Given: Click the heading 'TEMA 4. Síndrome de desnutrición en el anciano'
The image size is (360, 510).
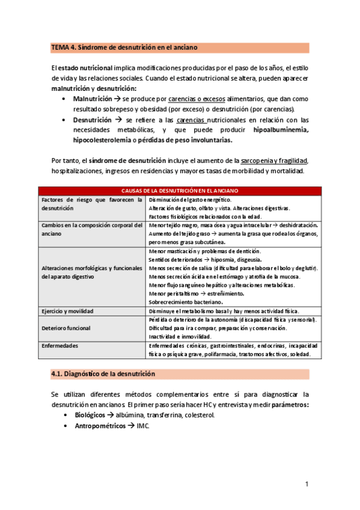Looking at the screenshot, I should [x=124, y=47].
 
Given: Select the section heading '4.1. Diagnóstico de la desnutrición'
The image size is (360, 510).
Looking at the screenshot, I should [x=103, y=373].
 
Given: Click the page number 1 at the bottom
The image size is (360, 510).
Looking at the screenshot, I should [x=306, y=484].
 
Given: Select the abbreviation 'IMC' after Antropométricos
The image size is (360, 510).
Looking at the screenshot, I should [x=142, y=426].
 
